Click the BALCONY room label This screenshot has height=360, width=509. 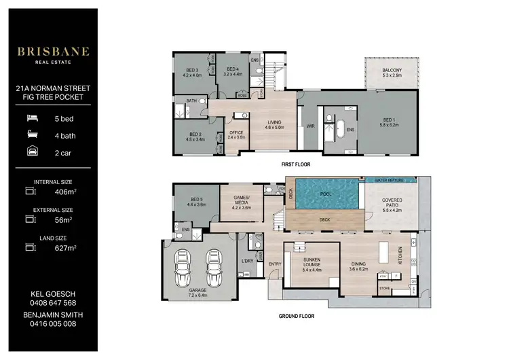point(391,70)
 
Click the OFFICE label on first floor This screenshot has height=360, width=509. point(236,132)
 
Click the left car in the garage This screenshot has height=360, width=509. point(181,270)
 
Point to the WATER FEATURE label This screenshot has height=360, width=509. point(389,181)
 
